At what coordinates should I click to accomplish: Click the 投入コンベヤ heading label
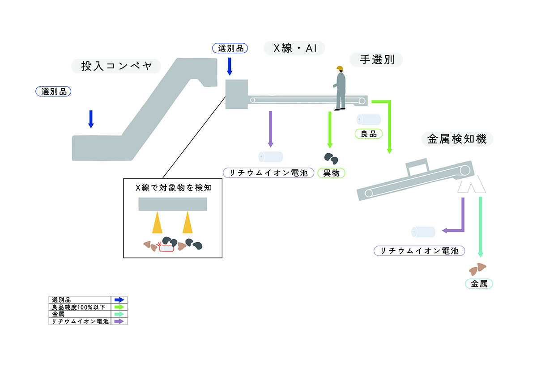[x=116, y=66]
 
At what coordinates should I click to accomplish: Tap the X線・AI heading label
[x=294, y=48]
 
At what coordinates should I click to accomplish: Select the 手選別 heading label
[x=376, y=59]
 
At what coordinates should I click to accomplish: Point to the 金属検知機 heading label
[x=457, y=139]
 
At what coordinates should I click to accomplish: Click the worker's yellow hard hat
[x=340, y=68]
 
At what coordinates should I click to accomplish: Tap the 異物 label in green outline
[x=331, y=173]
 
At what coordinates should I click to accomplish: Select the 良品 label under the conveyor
[x=368, y=134]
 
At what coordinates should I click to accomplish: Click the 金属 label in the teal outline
[x=479, y=284]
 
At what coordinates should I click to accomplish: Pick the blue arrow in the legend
[x=119, y=300]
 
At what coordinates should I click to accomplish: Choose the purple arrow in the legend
[x=119, y=321]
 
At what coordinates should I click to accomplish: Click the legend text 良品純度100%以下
[x=79, y=307]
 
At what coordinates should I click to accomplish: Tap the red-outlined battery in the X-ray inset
[x=166, y=248]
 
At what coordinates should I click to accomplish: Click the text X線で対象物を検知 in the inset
[x=174, y=188]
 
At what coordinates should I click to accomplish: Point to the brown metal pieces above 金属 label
[x=477, y=269]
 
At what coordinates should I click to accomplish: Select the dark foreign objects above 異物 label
[x=331, y=159]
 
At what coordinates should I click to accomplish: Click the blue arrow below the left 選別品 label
[x=91, y=119]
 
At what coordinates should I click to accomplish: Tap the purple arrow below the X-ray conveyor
[x=271, y=129]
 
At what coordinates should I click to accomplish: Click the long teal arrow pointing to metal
[x=481, y=227]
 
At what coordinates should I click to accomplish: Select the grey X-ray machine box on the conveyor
[x=237, y=94]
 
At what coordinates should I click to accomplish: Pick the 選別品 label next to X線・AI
[x=230, y=48]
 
